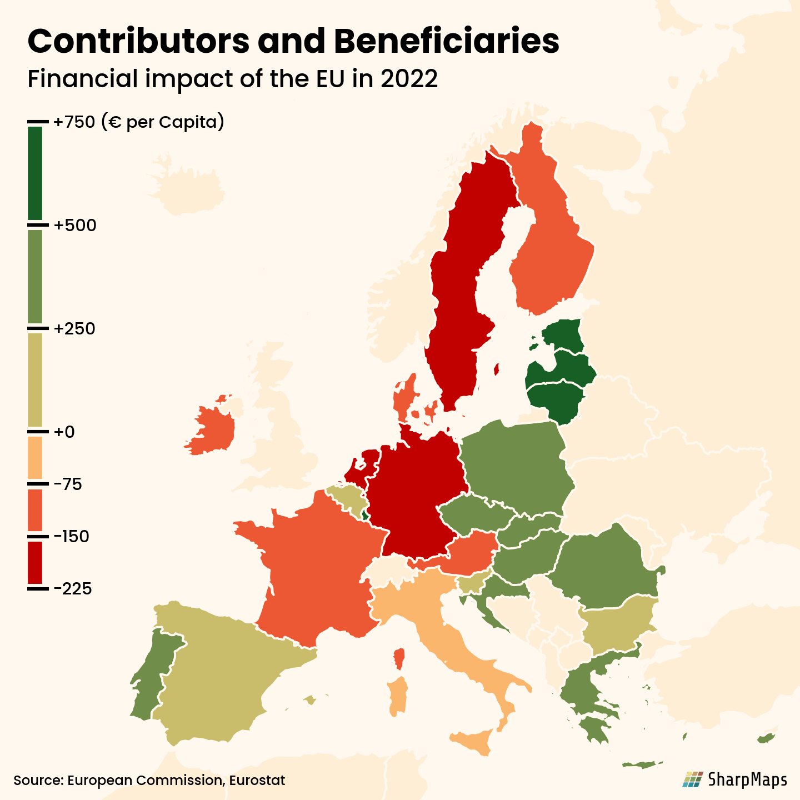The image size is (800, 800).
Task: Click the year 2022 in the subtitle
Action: coord(409,79)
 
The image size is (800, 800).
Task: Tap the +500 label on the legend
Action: coord(75,226)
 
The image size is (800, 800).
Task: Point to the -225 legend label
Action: coord(73,589)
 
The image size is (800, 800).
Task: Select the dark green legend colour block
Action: coord(35,173)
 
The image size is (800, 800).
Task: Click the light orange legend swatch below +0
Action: coord(35,457)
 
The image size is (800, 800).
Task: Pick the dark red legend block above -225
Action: coord(35,562)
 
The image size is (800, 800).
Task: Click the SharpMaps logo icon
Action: coord(692,779)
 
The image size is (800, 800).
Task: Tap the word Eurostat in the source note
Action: coord(257,781)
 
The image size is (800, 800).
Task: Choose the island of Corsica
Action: coord(399,659)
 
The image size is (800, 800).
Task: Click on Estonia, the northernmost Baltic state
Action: coord(562,334)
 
